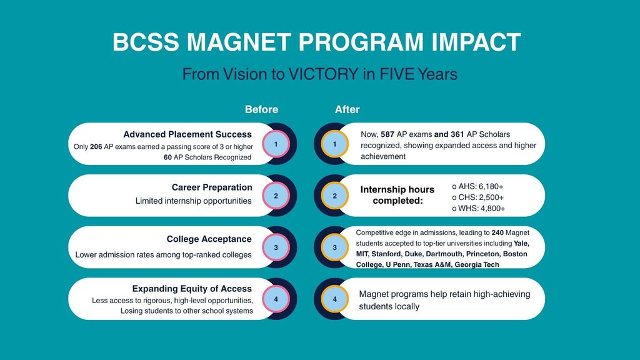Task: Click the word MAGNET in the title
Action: (239, 42)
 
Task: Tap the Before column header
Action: (262, 109)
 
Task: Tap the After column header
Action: (347, 109)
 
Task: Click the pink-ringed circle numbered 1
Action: (276, 144)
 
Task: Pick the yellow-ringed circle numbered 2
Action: (335, 196)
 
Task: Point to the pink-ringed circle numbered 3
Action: (276, 247)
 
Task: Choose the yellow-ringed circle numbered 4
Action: (335, 299)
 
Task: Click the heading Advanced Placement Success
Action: (187, 134)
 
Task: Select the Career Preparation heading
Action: (212, 187)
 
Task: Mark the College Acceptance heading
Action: (209, 239)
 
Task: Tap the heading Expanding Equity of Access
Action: (192, 289)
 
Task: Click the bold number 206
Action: (96, 146)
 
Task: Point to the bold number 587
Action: (387, 134)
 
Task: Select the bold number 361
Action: (457, 134)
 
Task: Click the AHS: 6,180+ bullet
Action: (477, 186)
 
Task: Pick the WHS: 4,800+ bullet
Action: (478, 209)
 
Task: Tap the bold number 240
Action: (497, 232)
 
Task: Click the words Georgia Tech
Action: (477, 264)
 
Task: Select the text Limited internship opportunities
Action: (194, 201)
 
